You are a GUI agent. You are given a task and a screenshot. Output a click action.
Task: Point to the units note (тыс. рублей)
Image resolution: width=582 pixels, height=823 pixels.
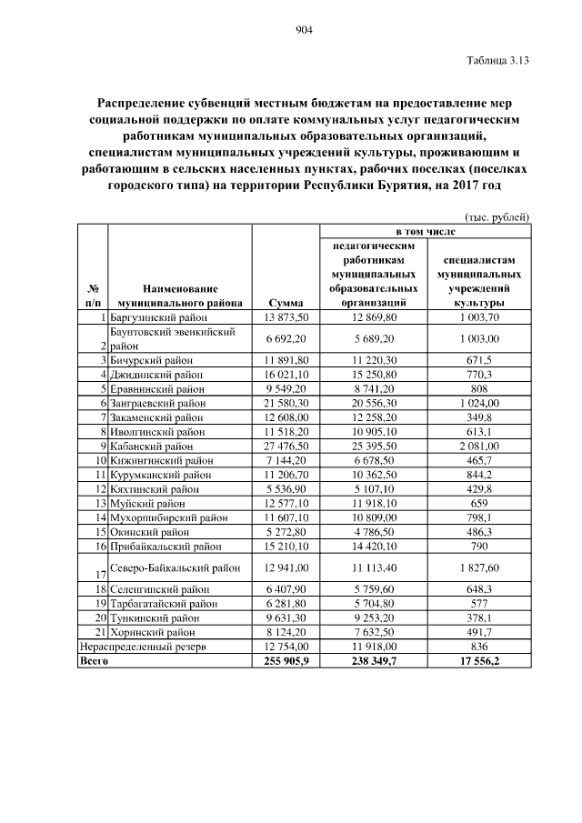(497, 216)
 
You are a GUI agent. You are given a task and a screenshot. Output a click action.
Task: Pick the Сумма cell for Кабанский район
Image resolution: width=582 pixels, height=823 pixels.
(286, 447)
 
